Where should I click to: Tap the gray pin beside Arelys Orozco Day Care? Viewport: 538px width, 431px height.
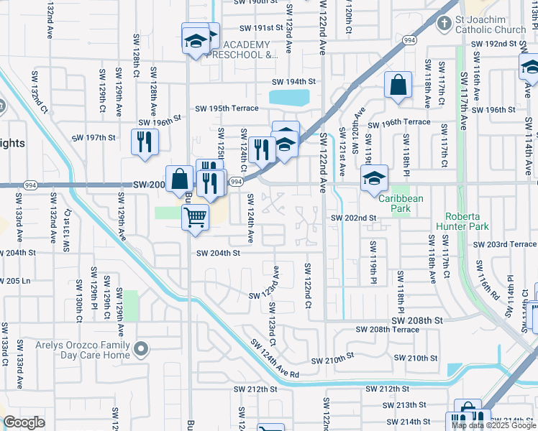[x=142, y=350]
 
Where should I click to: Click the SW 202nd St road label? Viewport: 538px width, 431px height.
[x=354, y=218]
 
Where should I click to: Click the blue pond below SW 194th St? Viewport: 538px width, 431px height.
[x=289, y=97]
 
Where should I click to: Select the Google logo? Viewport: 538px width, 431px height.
[x=24, y=422]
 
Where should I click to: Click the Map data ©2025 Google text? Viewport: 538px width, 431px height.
[x=493, y=425]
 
